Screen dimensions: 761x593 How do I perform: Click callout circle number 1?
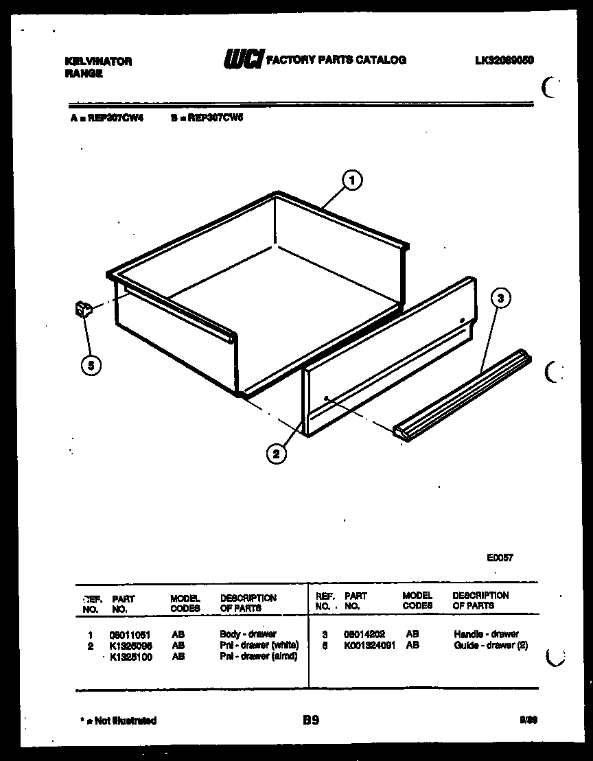[351, 181]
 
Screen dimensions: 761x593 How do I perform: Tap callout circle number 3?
[501, 298]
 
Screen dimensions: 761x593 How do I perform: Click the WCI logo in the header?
[242, 60]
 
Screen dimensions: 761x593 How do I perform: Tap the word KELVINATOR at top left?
[98, 61]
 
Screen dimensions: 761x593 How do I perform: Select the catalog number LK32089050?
[504, 60]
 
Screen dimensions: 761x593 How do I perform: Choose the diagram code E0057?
[499, 558]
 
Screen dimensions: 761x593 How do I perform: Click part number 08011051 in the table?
[129, 635]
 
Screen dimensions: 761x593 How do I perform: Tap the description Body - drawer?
[248, 635]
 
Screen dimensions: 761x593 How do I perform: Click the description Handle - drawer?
[486, 635]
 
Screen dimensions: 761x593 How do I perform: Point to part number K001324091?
[369, 646]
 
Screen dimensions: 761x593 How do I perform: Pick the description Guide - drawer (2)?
[491, 646]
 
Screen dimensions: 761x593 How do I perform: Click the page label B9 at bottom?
[310, 720]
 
